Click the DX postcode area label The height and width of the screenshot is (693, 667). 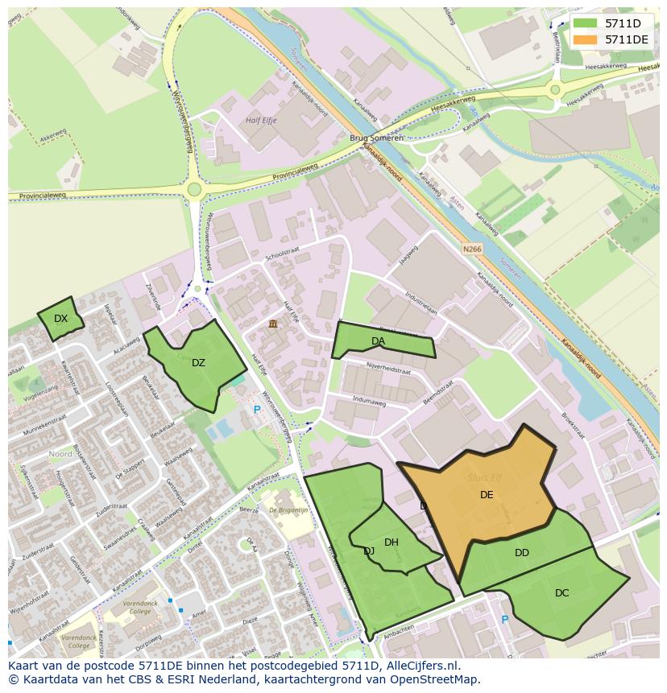[x=60, y=319]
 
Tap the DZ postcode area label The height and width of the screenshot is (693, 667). [x=198, y=363]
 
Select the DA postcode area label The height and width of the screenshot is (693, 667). [x=378, y=341]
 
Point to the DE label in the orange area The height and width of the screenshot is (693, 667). [x=487, y=495]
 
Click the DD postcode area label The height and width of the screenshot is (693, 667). [x=522, y=553]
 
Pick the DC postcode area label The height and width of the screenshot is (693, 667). [x=561, y=593]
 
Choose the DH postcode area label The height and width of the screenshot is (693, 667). [x=391, y=542]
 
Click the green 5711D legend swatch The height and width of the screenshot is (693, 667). [x=586, y=23]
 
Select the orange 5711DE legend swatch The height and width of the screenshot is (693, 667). [x=586, y=39]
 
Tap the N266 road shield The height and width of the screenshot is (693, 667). [x=472, y=250]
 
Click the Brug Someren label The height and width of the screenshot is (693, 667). [x=376, y=138]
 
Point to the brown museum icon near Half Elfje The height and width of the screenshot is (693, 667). [x=273, y=324]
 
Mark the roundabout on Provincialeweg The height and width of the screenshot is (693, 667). [x=193, y=190]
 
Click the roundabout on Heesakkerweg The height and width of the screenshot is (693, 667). [x=554, y=90]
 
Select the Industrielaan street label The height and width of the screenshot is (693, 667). [x=421, y=303]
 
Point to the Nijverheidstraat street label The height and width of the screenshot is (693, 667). [x=388, y=372]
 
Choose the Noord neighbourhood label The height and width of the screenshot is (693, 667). [x=60, y=454]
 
